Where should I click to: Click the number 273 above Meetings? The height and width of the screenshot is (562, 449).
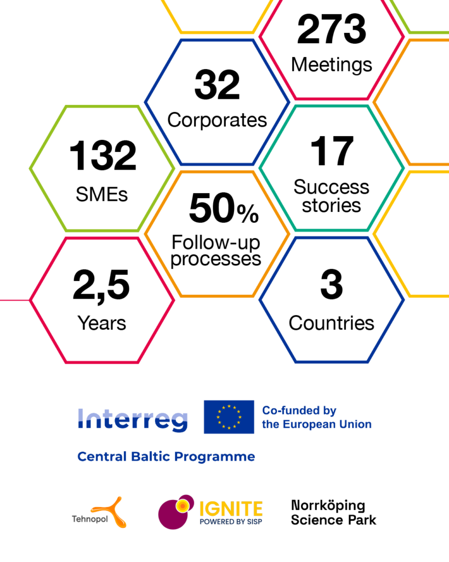pos(332,29)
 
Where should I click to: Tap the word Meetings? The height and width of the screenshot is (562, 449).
pos(332,65)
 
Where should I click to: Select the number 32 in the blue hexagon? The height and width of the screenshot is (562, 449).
pos(217,85)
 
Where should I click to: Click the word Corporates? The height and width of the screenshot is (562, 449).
pos(217,120)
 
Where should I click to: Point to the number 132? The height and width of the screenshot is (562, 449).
pos(103,155)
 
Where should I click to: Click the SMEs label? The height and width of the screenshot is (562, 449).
pos(101,195)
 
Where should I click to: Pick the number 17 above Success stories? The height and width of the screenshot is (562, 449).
pos(332,151)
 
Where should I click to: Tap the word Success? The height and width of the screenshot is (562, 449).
pos(331,187)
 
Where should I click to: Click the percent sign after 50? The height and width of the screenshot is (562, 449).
pos(248,213)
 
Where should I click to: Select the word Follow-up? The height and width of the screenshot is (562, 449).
pos(215,242)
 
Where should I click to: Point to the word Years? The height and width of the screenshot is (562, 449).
pos(101,323)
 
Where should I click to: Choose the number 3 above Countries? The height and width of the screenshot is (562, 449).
pos(332,284)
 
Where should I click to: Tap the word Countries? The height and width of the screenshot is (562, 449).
pos(332,323)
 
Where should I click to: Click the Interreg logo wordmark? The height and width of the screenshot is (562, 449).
pos(133,419)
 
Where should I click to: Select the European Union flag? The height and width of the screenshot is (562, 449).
pos(229,417)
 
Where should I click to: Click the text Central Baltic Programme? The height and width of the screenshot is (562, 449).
pos(166,457)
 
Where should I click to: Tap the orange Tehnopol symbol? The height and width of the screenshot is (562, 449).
pos(110,513)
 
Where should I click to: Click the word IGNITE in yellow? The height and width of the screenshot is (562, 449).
pos(231,509)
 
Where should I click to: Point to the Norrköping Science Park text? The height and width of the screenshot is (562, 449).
pos(333,513)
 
